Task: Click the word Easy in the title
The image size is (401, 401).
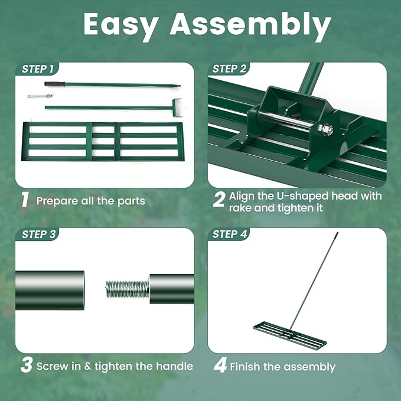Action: coord(120,25)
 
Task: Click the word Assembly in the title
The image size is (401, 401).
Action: coord(250,25)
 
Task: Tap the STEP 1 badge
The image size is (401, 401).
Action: coord(37,69)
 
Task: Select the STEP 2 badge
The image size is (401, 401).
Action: coord(229,69)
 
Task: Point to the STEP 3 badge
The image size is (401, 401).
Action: coord(38,234)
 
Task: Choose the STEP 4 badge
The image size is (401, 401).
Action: coord(229,234)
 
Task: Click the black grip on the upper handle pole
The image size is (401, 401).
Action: coord(54,84)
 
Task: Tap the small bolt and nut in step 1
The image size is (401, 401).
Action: coord(40,96)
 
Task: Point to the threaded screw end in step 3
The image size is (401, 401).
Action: coord(127,289)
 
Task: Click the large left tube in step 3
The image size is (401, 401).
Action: coord(50,290)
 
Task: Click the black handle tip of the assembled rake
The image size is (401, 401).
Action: coord(337,234)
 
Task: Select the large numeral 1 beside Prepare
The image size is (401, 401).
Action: coord(25,200)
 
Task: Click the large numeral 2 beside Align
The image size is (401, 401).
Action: coord(219,200)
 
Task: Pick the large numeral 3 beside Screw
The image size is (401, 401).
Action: coord(27,365)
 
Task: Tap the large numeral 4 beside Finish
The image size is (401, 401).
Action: coord(220,366)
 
